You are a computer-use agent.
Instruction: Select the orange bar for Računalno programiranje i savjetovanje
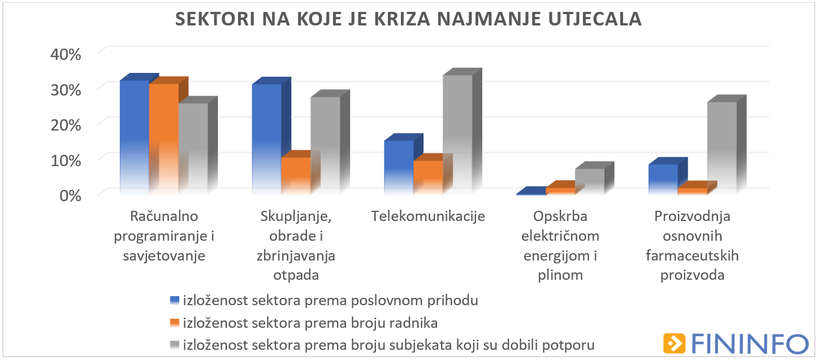point(164,138)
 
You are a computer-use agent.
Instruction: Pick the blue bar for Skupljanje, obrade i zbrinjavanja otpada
point(266,138)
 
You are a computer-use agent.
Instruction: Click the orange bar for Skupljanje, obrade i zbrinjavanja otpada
point(296,175)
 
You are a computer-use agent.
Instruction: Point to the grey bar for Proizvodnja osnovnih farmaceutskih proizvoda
point(722,148)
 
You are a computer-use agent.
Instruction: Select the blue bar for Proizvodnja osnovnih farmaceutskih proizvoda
point(663,179)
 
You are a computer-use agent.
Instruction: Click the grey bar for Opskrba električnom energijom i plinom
point(590,181)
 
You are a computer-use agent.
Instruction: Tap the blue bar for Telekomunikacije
point(399,167)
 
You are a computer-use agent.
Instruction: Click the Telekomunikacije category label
point(428,216)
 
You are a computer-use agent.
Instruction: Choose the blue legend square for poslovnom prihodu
point(175,300)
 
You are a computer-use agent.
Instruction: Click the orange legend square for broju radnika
point(175,323)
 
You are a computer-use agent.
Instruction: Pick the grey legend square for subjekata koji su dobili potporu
point(175,345)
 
